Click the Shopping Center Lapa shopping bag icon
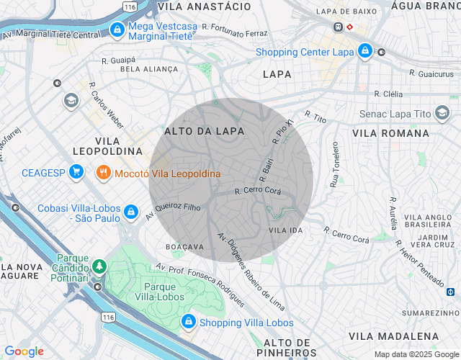tap(365, 52)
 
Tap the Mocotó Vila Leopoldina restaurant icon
tap(103, 174)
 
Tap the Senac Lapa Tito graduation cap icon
tap(442, 114)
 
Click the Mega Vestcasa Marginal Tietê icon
tap(117, 30)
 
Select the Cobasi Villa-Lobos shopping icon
tap(130, 212)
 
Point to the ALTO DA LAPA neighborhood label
tap(205, 132)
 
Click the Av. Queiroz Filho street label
tap(173, 210)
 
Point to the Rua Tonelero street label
tap(334, 164)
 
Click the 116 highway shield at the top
tap(130, 6)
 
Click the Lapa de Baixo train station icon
tap(337, 27)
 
